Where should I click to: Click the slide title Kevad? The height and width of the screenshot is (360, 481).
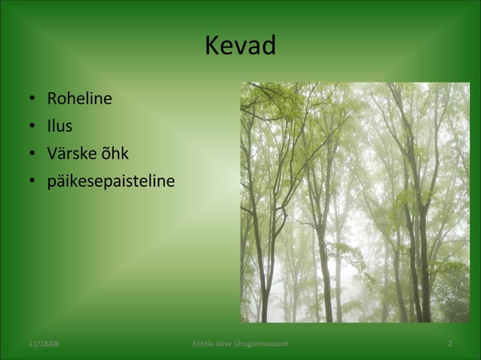click(240, 47)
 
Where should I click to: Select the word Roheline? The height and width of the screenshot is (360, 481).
click(79, 99)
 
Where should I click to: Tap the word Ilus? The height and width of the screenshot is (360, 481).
click(60, 126)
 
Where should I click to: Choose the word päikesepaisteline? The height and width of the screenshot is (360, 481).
click(111, 182)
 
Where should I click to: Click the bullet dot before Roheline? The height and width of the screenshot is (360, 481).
click(32, 99)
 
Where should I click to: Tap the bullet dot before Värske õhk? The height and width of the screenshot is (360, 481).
click(32, 154)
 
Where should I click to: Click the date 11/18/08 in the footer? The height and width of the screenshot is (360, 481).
click(44, 344)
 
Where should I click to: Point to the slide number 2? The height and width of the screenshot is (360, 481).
click(450, 344)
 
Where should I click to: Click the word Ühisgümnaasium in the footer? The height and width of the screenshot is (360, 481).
click(262, 344)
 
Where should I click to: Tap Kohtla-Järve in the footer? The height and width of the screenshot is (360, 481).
click(213, 344)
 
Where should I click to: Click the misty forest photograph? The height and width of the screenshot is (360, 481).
click(354, 202)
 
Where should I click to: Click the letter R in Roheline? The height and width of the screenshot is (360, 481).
click(52, 99)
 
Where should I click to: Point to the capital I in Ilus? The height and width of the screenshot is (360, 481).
click(49, 126)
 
